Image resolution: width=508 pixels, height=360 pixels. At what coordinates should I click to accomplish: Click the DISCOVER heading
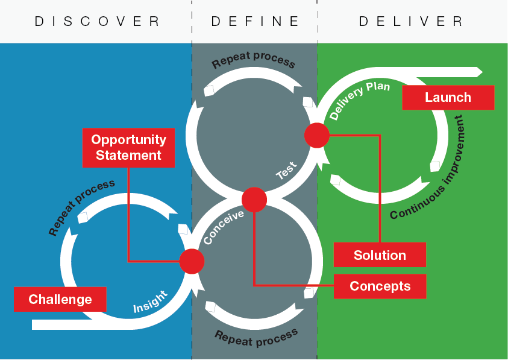click(x=97, y=21)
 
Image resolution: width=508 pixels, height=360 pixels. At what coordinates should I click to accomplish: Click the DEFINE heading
click(x=255, y=21)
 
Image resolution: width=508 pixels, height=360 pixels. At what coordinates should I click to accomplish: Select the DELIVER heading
click(x=411, y=21)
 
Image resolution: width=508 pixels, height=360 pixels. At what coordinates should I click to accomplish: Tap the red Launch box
click(x=448, y=98)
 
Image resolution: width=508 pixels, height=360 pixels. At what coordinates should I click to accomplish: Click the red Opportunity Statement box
click(x=128, y=147)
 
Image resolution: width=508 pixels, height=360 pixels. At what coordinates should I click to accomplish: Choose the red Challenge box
click(x=60, y=299)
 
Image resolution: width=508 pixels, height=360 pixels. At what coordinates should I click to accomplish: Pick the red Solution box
click(x=380, y=255)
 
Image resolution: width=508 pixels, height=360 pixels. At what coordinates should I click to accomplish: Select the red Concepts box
click(x=380, y=286)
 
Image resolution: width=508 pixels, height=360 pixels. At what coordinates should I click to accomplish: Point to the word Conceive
click(x=224, y=227)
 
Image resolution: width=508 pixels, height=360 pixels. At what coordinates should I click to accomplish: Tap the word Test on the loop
click(x=286, y=171)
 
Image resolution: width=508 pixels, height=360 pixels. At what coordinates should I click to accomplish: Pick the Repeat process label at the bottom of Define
click(x=256, y=338)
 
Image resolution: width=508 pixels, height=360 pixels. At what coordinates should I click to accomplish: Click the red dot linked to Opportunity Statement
click(x=192, y=262)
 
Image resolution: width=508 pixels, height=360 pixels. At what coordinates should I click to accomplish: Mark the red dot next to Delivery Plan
click(x=316, y=135)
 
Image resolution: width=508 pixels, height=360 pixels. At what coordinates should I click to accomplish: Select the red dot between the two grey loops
click(x=254, y=200)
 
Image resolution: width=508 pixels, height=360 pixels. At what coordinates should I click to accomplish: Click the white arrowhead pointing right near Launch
click(x=478, y=72)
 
